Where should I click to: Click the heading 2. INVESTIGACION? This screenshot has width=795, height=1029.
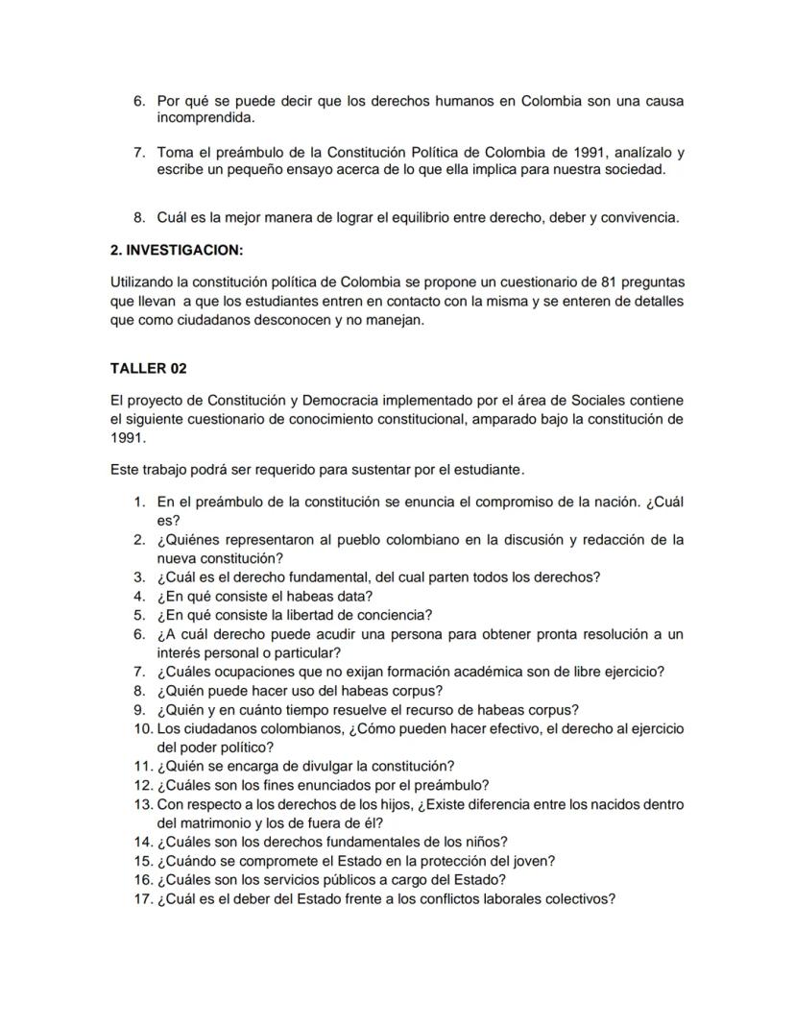point(178,250)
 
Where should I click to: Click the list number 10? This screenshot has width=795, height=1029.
point(143,728)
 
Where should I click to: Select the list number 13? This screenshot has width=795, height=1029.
point(143,803)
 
